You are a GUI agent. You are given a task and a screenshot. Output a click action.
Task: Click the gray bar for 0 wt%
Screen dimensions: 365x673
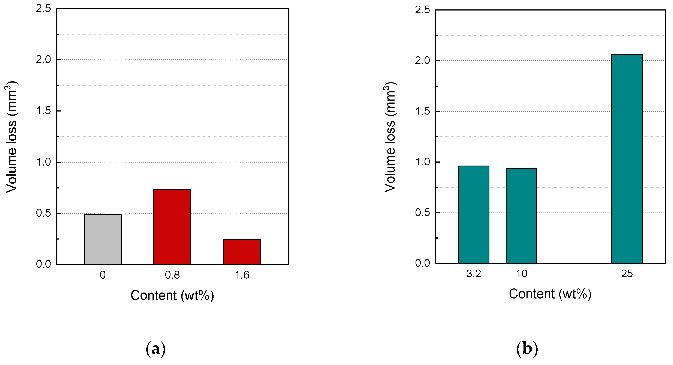pos(103,239)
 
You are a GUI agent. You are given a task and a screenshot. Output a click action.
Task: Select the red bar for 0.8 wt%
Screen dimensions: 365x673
pos(172,227)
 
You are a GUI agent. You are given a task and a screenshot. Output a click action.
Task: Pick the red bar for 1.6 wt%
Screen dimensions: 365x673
pos(242,252)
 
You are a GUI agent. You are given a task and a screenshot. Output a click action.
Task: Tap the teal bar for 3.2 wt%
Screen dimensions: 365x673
pos(473,214)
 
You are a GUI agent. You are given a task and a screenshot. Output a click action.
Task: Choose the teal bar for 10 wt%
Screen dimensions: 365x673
pos(521,216)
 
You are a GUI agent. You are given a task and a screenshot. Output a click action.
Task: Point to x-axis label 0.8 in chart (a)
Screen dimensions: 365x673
pos(172,275)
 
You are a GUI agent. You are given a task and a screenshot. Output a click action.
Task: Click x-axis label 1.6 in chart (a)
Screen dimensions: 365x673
pos(242,275)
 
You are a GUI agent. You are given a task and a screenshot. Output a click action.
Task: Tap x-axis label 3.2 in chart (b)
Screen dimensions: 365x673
pos(473,274)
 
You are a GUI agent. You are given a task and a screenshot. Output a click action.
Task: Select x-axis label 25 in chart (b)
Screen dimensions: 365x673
pos(627,274)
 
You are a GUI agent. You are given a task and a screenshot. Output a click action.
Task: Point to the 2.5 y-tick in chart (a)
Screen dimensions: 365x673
pos(43,9)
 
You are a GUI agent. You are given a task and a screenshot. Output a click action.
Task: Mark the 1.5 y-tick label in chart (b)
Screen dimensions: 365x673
pos(422,111)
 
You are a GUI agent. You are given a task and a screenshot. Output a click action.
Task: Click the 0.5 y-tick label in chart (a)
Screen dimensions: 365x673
pos(43,213)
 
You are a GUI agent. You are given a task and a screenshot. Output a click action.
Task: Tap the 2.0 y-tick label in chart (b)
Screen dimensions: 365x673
pos(422,60)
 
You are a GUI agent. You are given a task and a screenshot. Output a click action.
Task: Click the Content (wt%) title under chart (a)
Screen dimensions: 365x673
pos(172,295)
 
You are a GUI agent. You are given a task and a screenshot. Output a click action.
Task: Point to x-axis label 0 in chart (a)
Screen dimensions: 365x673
pos(103,275)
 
